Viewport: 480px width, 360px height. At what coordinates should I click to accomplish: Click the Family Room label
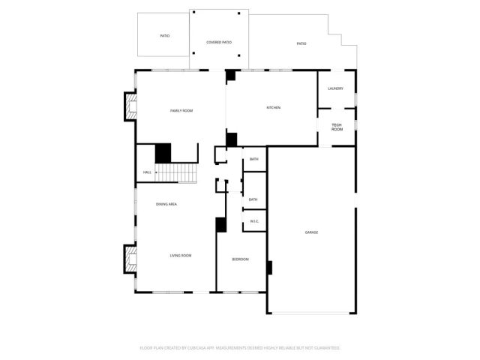(x=181, y=111)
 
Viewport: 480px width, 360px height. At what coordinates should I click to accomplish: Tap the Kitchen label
(x=274, y=108)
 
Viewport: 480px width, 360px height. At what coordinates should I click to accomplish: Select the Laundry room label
(x=335, y=89)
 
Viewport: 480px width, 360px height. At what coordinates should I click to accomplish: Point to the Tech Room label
(x=337, y=127)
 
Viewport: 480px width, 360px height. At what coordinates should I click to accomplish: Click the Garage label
(x=311, y=232)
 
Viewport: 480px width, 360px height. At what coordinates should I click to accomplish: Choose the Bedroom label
(x=240, y=259)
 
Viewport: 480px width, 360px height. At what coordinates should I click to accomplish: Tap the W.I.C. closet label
(x=254, y=221)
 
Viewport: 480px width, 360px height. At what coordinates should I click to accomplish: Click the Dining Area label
(x=166, y=204)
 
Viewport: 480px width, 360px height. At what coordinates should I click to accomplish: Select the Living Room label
(x=180, y=256)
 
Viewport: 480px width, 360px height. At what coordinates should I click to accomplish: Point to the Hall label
(x=147, y=173)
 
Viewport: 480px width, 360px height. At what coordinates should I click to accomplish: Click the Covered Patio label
(x=219, y=43)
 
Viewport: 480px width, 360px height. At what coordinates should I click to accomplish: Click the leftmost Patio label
(x=164, y=36)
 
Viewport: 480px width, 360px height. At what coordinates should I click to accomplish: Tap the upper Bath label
(x=253, y=160)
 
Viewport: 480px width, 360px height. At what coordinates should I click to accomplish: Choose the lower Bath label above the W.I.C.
(x=253, y=199)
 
